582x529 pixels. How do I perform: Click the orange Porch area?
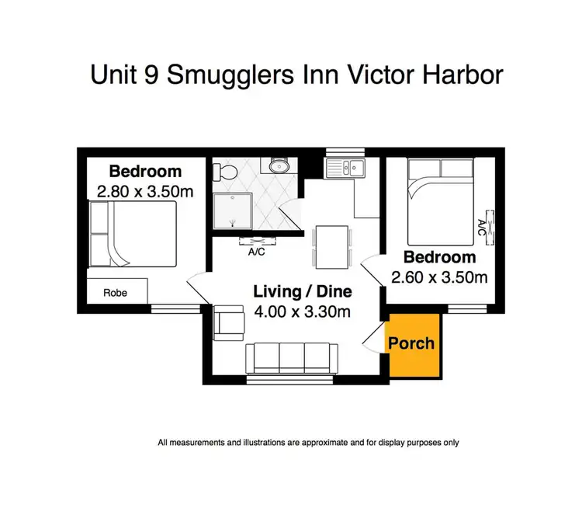pyautogui.click(x=412, y=343)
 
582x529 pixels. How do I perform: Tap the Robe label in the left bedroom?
pyautogui.click(x=115, y=293)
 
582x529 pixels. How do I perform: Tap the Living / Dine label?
pyautogui.click(x=303, y=292)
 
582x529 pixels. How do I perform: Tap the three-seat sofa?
pyautogui.click(x=289, y=359)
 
